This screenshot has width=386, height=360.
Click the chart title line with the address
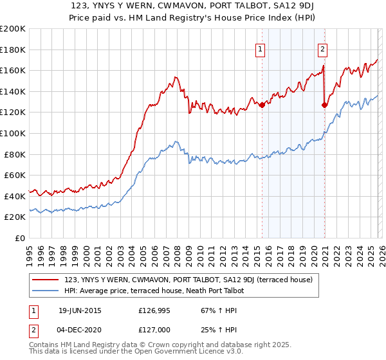point(193,6)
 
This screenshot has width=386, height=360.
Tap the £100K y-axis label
point(13,133)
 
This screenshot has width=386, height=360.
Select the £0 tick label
point(20,238)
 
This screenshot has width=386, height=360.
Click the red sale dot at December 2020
point(324,105)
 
